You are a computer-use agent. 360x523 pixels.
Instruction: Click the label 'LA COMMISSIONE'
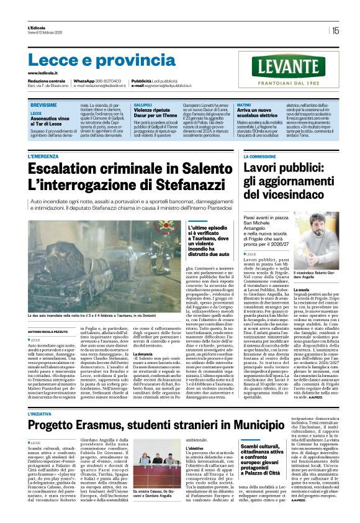click(x=259, y=157)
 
